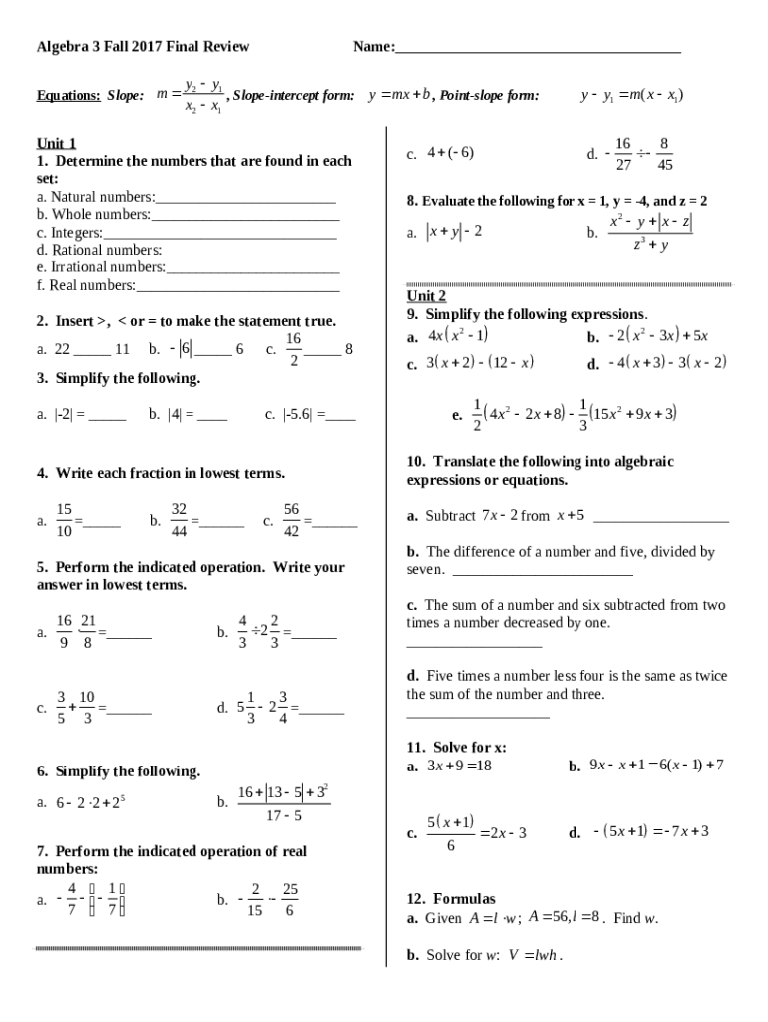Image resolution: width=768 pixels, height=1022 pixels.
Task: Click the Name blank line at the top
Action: click(538, 50)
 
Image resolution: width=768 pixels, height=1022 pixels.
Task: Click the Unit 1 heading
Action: click(57, 143)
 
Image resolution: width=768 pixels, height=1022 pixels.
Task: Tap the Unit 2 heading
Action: click(426, 296)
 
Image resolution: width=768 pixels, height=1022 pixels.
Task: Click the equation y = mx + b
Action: click(399, 96)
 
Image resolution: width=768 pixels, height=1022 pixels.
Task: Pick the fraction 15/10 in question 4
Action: click(64, 520)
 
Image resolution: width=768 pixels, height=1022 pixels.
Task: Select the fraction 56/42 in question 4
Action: click(291, 520)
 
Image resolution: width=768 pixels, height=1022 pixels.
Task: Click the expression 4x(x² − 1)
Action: click(457, 336)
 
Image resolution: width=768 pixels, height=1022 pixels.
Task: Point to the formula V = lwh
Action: click(535, 955)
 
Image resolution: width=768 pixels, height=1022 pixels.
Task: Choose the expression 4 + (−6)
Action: click(450, 153)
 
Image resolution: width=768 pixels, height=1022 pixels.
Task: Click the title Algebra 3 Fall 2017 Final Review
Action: click(143, 47)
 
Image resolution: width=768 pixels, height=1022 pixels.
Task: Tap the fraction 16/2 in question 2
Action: click(294, 349)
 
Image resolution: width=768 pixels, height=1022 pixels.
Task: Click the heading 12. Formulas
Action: click(450, 899)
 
